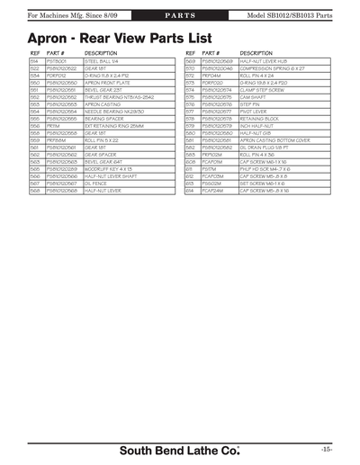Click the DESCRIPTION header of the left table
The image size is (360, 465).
coord(102,53)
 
